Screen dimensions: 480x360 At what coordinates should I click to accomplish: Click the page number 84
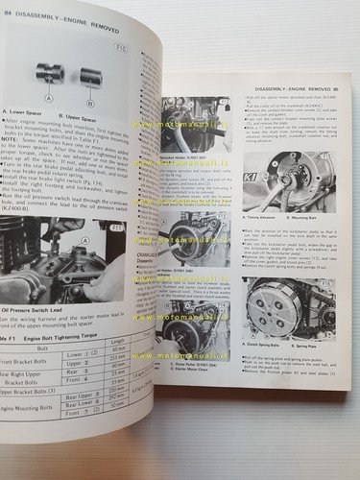click(x=8, y=12)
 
